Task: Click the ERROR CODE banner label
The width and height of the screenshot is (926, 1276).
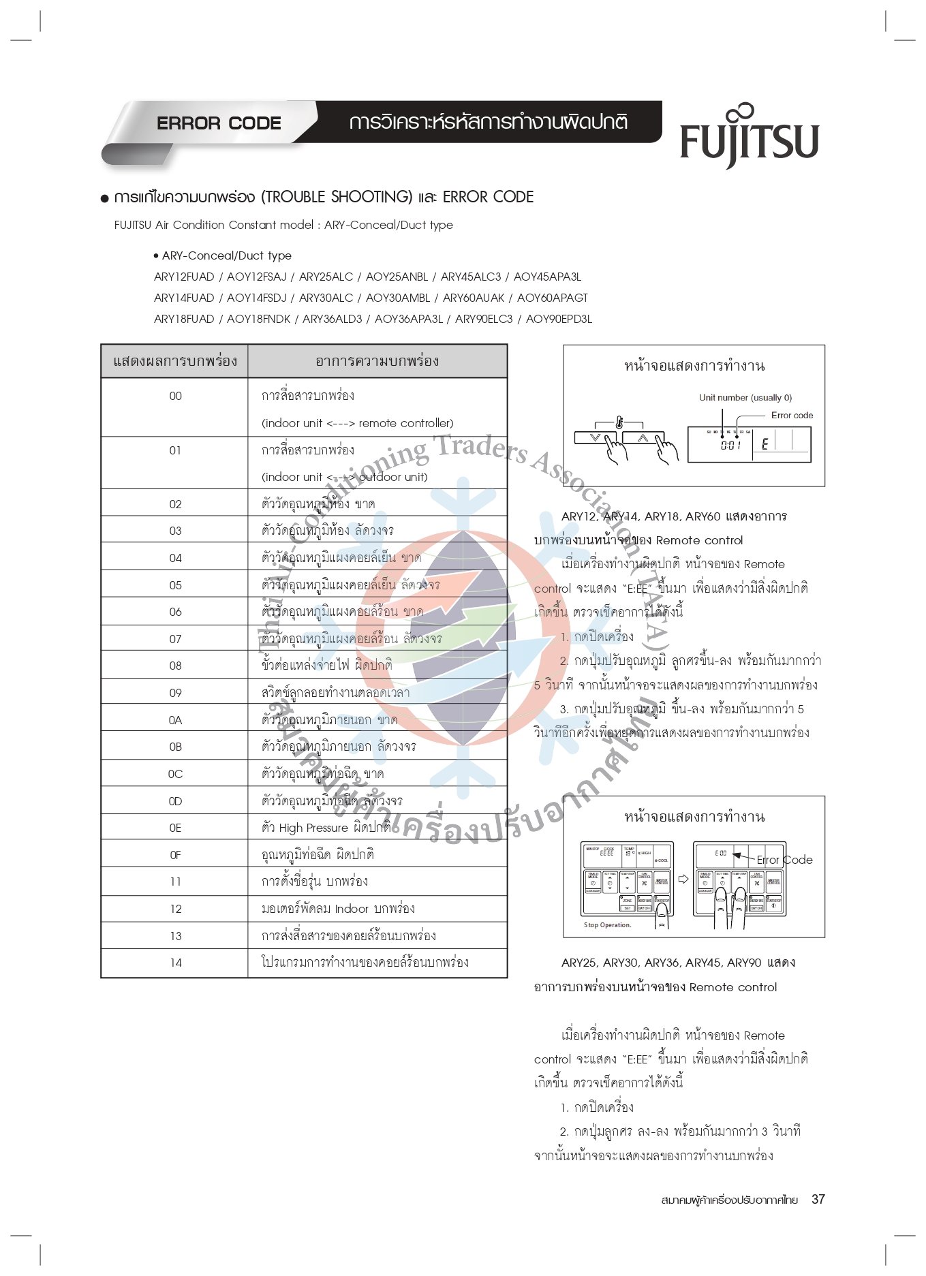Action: pyautogui.click(x=219, y=123)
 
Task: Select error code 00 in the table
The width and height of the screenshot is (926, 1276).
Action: pyautogui.click(x=175, y=396)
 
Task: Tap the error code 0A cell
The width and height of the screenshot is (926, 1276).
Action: pyautogui.click(x=175, y=720)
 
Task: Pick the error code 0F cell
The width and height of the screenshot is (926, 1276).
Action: pyautogui.click(x=175, y=855)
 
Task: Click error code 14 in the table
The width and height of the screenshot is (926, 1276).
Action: pyautogui.click(x=176, y=963)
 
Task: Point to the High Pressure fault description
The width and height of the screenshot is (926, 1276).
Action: pyautogui.click(x=326, y=828)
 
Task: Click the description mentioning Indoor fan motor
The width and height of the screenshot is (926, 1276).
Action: pyautogui.click(x=338, y=909)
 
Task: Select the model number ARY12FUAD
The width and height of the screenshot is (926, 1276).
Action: pyautogui.click(x=184, y=277)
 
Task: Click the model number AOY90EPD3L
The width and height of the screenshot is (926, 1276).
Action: pyautogui.click(x=559, y=319)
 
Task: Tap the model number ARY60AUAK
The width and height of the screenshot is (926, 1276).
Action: pyautogui.click(x=474, y=298)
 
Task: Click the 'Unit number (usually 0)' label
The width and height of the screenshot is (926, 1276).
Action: pyautogui.click(x=745, y=398)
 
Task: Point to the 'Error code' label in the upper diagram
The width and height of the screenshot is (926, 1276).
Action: pyautogui.click(x=792, y=415)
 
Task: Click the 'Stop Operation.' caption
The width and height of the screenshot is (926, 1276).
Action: pyautogui.click(x=607, y=925)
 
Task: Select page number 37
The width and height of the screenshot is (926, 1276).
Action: pyautogui.click(x=818, y=1200)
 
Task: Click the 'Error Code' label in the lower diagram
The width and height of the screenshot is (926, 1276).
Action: pyautogui.click(x=784, y=860)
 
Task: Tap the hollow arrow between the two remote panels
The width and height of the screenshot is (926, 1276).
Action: pyautogui.click(x=683, y=879)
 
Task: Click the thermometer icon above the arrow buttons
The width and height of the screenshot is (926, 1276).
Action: pyautogui.click(x=619, y=422)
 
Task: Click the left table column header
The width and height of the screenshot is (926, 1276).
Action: pyautogui.click(x=175, y=361)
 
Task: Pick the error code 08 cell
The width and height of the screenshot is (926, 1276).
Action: pyautogui.click(x=175, y=666)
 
